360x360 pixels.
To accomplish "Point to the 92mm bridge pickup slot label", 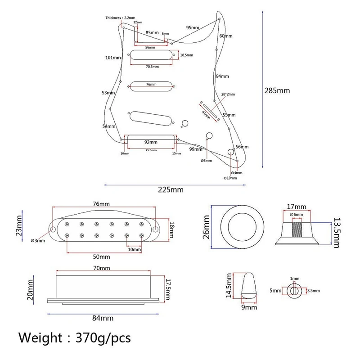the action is (150, 141).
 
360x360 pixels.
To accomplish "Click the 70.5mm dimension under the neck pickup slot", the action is (152, 67).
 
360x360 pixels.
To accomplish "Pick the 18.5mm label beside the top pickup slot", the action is (187, 55).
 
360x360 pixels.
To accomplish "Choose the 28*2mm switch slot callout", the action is (228, 94).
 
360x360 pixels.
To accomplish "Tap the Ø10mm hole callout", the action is (230, 178).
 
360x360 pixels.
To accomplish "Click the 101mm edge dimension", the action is (113, 58).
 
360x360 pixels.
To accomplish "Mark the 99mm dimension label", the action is (195, 149).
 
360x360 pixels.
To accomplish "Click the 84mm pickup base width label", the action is (103, 318).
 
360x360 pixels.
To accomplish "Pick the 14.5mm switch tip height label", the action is (229, 285).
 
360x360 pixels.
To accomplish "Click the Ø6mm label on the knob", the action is (297, 214).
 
